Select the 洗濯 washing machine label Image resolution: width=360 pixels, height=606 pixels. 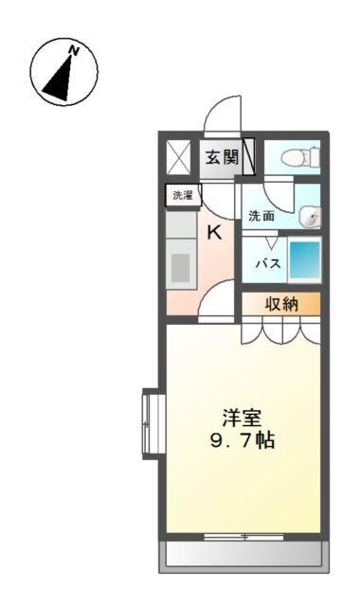pos(181,196)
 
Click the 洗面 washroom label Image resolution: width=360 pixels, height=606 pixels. pos(261,216)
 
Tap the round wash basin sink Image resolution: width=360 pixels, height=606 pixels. pos(309,217)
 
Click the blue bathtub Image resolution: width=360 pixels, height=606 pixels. pos(304,260)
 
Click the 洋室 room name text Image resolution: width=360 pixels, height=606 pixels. pos(243,418)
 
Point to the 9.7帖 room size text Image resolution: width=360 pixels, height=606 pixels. pos(243,440)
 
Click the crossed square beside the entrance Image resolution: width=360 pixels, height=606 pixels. pos(178,156)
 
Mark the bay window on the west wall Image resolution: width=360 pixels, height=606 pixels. pos(148,423)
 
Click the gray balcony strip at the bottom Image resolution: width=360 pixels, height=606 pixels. pos(243,555)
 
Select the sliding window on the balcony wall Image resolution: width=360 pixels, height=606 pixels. pos(243,537)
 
